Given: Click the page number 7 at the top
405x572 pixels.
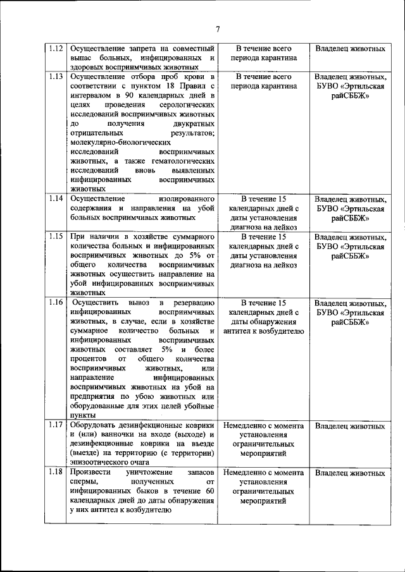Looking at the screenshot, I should (217, 29).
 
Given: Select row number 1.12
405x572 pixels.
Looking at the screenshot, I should (55, 49).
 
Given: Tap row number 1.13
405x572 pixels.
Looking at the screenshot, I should (55, 77).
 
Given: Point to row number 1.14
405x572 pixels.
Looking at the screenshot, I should (55, 198).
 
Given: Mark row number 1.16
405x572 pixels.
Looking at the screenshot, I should (55, 302).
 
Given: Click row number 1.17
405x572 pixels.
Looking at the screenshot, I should (55, 425).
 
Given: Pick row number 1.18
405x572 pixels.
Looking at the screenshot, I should (55, 473).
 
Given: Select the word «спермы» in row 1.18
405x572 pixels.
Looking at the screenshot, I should (85, 482).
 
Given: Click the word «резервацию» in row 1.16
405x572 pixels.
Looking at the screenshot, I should (192, 303).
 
